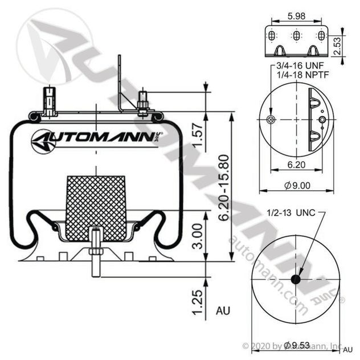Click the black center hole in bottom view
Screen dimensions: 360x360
tap(296, 279)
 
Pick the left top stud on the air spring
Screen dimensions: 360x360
tap(50, 100)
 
